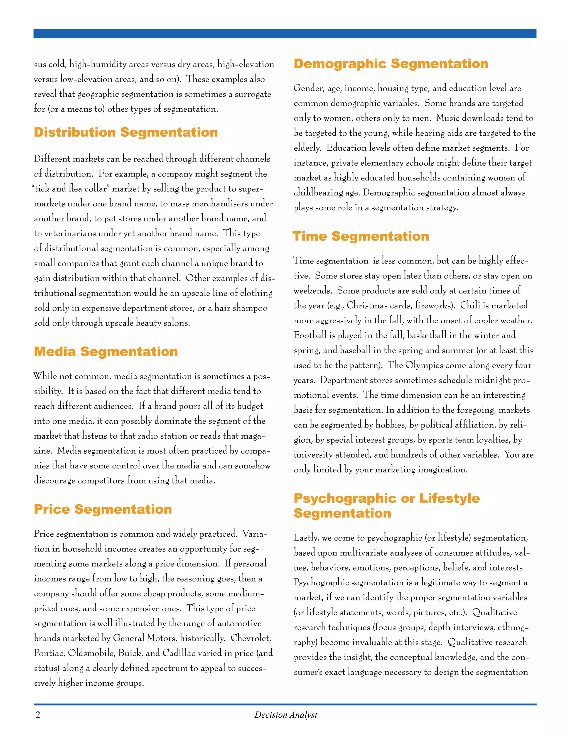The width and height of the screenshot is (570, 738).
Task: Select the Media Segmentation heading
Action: pyautogui.click(x=106, y=352)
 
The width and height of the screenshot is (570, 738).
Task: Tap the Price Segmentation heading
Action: pyautogui.click(x=103, y=509)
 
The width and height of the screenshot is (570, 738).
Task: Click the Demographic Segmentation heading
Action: pyautogui.click(x=391, y=64)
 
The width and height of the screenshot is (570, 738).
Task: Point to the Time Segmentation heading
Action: pyautogui.click(x=361, y=236)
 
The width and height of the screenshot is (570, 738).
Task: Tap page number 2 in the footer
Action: pyautogui.click(x=38, y=715)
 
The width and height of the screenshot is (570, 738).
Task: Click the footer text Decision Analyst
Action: pyautogui.click(x=286, y=715)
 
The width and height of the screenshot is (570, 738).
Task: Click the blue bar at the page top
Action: pyautogui.click(x=285, y=33)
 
